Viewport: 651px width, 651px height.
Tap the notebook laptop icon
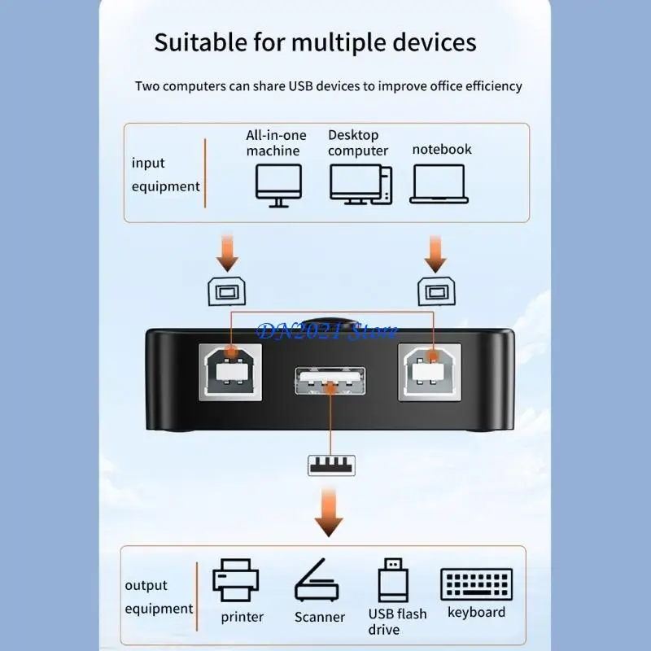439,183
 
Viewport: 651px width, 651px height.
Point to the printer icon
236,579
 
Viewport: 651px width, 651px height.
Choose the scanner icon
319,580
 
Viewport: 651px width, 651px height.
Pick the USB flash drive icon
393,579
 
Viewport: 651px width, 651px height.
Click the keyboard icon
476,584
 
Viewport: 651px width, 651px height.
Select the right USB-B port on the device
429,370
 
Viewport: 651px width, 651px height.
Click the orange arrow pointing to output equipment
330,510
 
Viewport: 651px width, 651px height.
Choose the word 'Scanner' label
320,617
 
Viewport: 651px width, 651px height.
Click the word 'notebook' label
442,150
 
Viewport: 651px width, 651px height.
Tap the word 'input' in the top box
148,163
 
